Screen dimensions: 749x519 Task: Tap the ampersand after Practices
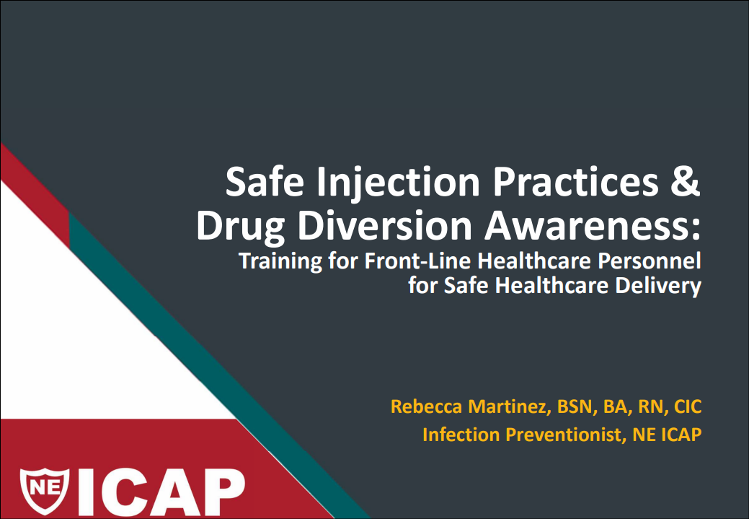coord(686,181)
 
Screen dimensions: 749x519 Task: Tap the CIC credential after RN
coord(688,406)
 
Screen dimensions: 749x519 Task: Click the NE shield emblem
coord(45,491)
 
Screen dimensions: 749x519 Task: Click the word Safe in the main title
coord(265,181)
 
